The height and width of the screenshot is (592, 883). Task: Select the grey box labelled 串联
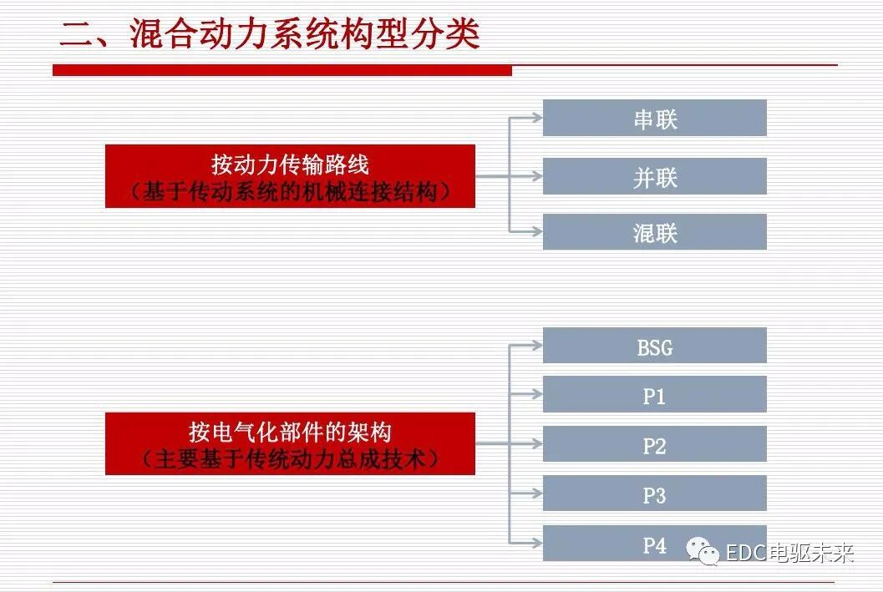pos(654,119)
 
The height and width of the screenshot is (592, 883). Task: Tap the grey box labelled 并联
pos(654,177)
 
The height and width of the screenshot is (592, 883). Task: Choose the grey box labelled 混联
pos(654,232)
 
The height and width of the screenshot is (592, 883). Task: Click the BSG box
pos(654,347)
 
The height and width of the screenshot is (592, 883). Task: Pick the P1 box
pos(654,395)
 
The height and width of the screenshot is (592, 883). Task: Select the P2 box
pos(654,445)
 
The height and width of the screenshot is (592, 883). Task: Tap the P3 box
pos(654,494)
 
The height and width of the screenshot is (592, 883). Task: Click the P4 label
pos(654,545)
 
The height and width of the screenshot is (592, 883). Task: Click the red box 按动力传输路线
pos(290,164)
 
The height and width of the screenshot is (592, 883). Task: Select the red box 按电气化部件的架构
pos(290,433)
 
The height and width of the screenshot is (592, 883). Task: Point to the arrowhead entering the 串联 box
pos(536,119)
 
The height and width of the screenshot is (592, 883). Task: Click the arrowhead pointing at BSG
pos(536,343)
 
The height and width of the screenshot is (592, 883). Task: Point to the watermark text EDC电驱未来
pos(789,552)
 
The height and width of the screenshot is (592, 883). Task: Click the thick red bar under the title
pos(282,70)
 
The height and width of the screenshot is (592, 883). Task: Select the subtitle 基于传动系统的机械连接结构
pos(290,192)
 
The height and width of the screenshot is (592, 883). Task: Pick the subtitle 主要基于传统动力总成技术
pos(290,459)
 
